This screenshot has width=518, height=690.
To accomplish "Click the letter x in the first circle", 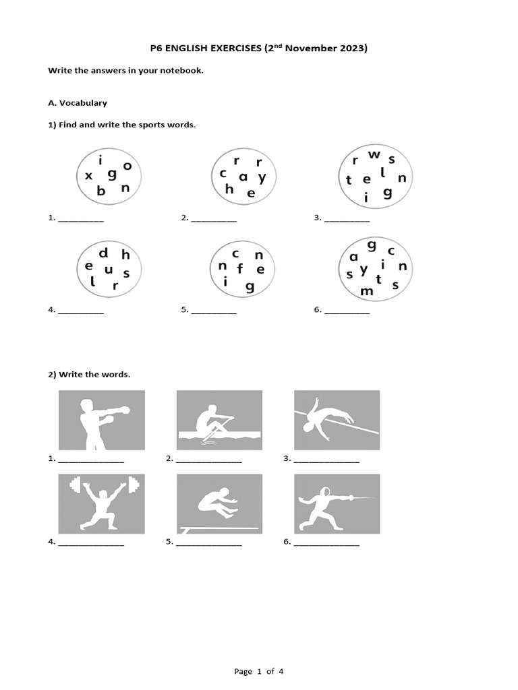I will [88, 177].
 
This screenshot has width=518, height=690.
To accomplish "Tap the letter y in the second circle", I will [262, 177].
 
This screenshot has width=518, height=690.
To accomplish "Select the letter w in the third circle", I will [375, 156].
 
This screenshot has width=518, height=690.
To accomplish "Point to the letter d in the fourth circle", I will [104, 254].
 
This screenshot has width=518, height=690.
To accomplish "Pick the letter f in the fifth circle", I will [239, 271].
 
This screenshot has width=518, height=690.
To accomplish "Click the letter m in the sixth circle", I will [367, 291].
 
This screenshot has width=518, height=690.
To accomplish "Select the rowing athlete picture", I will [219, 420].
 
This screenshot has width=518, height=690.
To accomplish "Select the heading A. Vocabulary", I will [78, 103].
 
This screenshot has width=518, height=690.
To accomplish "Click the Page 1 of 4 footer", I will [259, 671].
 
